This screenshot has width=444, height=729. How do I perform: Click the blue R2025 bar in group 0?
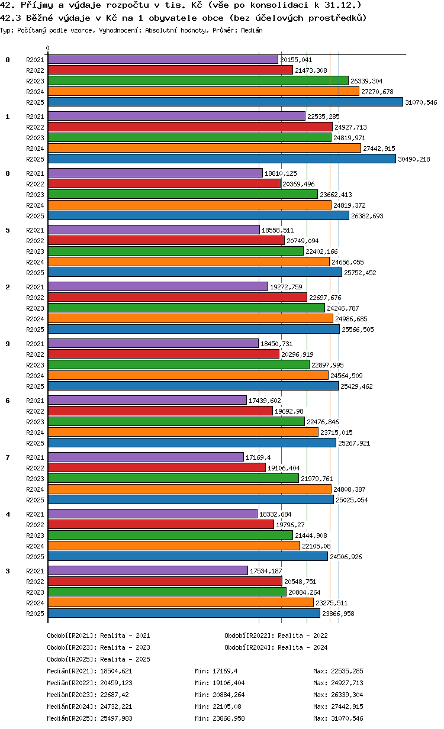tap(225, 102)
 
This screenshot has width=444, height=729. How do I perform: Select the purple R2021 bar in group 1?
tap(176, 116)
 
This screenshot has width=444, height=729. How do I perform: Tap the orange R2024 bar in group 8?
tap(189, 205)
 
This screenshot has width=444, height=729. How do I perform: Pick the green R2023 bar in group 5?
tap(176, 251)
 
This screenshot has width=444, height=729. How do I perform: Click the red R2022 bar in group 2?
tap(178, 298)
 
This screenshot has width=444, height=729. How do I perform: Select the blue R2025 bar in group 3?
tap(184, 614)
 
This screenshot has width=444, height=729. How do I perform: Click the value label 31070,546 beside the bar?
tap(421, 102)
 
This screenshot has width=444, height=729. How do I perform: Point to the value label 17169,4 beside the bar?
tap(258, 457)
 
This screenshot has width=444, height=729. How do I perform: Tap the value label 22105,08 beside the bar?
tap(316, 546)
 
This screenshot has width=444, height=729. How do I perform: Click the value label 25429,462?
tap(356, 386)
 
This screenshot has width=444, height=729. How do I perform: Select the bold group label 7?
tap(8, 457)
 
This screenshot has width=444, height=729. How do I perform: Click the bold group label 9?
tap(8, 344)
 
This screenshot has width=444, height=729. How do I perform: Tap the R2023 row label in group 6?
tap(35, 422)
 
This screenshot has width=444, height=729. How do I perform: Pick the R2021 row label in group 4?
tap(35, 515)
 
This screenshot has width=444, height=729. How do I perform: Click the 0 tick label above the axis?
tap(48, 48)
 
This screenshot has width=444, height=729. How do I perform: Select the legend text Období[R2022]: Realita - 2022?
tap(276, 636)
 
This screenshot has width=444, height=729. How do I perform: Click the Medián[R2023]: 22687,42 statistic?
tap(88, 695)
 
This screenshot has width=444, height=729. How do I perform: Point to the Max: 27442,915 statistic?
tap(338, 707)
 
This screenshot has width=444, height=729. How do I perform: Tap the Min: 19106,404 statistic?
tap(220, 683)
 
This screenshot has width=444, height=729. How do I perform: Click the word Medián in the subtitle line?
tap(252, 30)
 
